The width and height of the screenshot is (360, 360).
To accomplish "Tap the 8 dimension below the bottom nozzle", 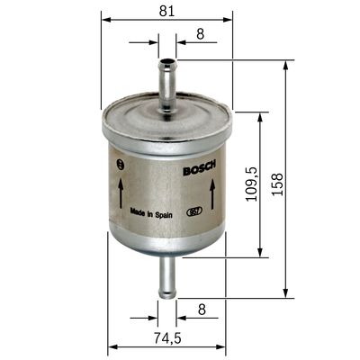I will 201,309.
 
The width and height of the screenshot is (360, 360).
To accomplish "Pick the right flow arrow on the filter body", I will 211,190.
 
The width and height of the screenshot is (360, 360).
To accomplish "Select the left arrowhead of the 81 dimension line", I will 105,17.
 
